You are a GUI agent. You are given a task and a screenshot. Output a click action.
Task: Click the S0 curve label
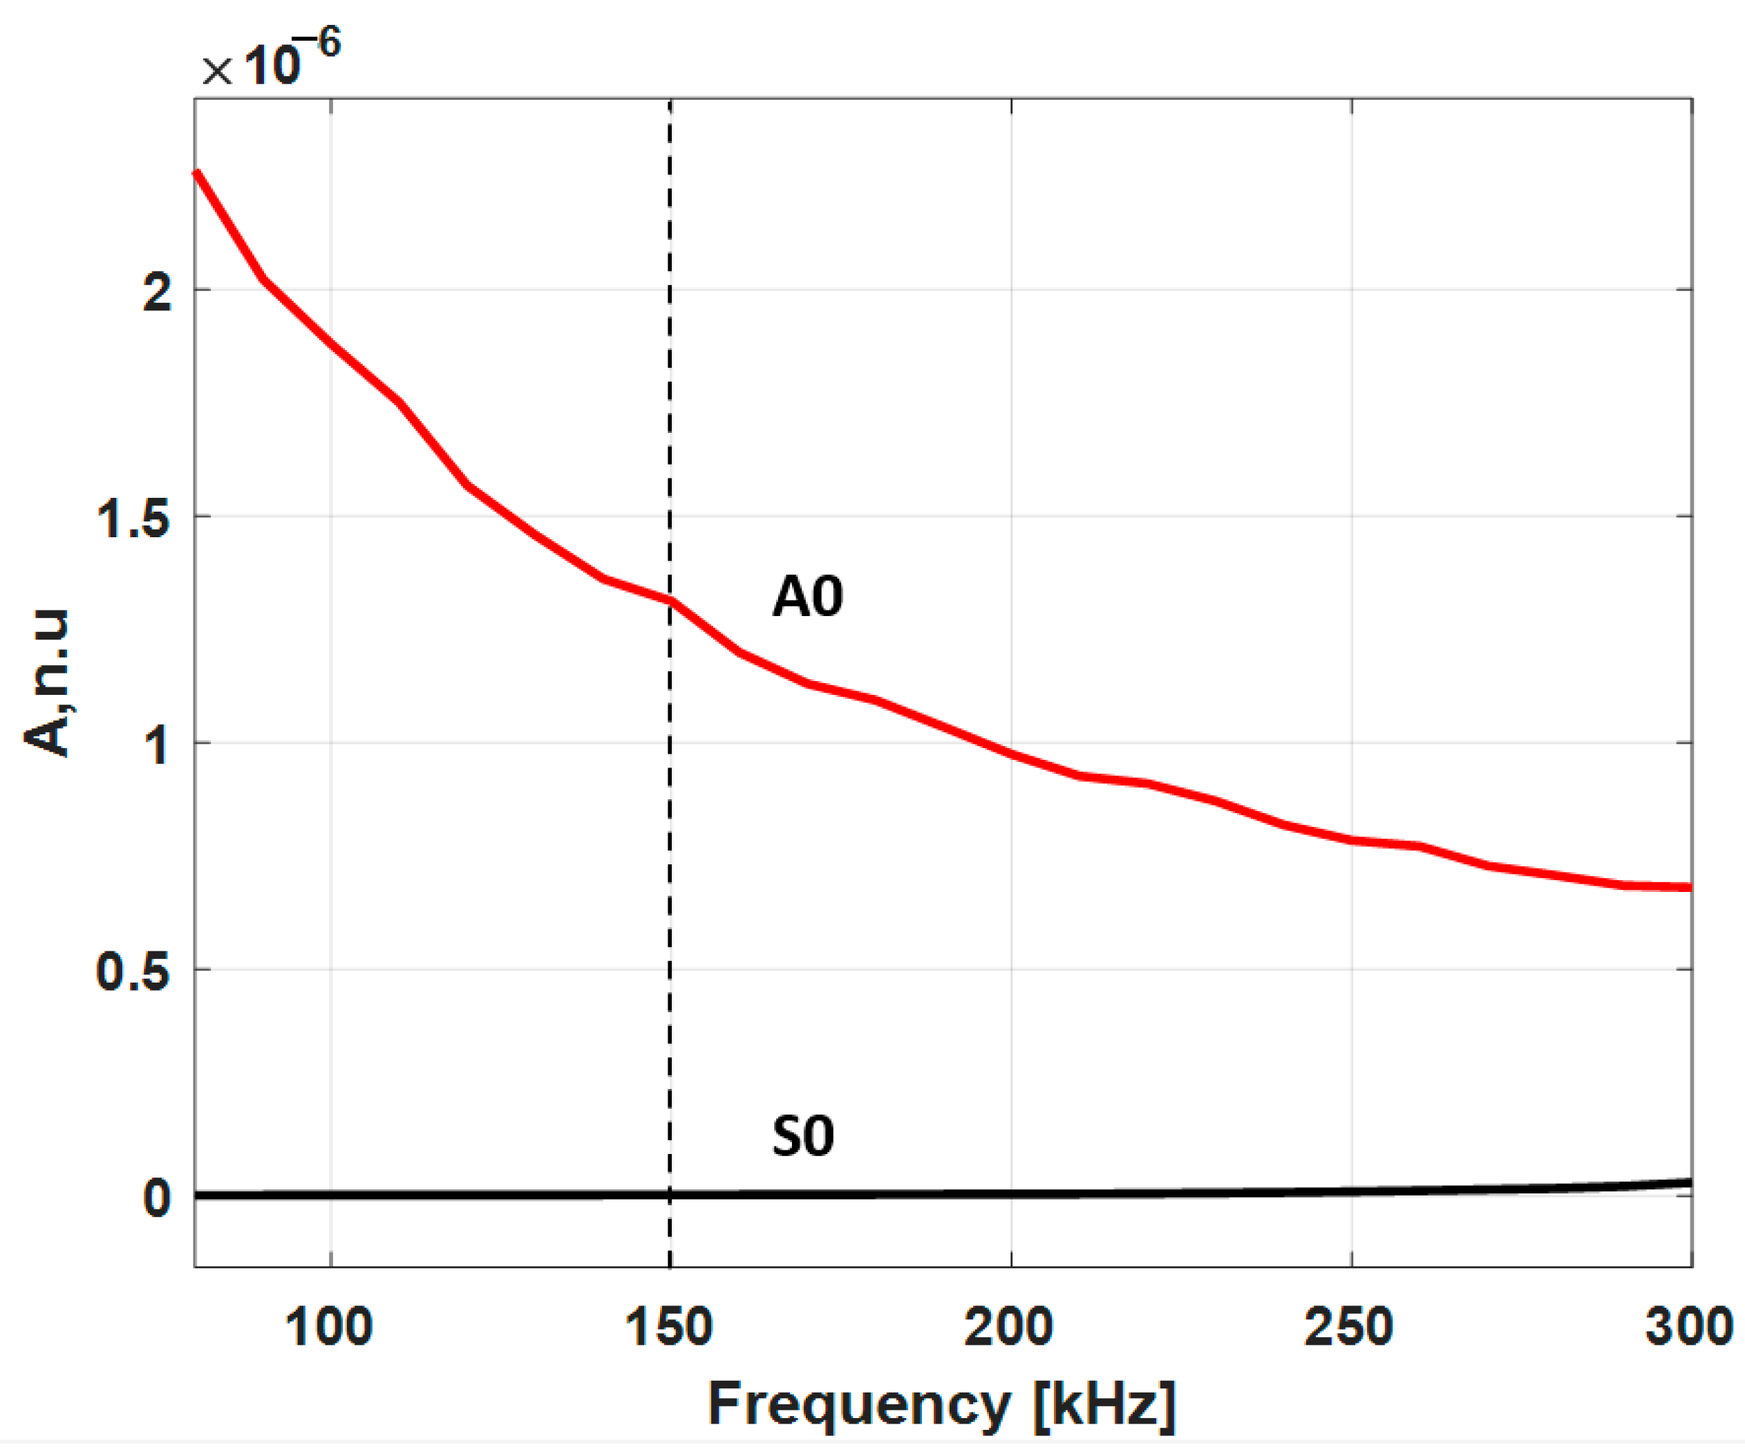coord(803,1136)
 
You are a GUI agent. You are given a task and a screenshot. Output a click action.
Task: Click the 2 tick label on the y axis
coord(157,292)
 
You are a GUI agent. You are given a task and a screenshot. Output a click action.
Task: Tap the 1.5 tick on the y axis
coord(133,519)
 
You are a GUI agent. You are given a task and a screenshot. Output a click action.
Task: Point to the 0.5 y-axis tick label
coord(133,971)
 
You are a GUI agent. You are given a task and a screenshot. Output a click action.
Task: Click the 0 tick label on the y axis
coord(157,1198)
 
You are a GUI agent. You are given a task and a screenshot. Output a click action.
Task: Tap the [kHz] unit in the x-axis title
coord(1105,1404)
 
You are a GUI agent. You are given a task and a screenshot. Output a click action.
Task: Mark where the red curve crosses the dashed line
coord(670,601)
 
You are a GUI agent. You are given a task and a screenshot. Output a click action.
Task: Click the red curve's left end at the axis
coord(197,173)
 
